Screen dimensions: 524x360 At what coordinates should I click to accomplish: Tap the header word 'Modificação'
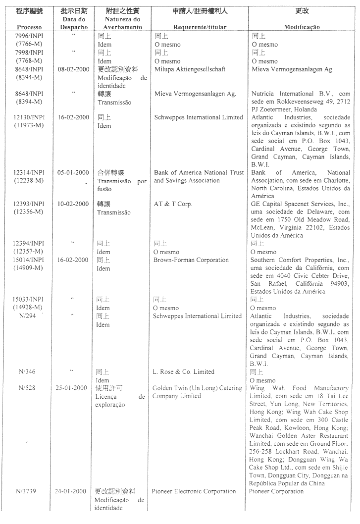(x=302, y=27)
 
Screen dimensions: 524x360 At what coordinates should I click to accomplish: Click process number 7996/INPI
(x=29, y=36)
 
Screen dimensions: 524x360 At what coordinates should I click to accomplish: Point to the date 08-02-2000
(x=74, y=69)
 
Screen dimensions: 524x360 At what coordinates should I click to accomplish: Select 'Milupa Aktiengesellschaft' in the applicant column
(x=190, y=69)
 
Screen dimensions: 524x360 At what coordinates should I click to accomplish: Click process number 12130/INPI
(x=29, y=117)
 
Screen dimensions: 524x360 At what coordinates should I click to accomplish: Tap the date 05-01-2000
(x=74, y=172)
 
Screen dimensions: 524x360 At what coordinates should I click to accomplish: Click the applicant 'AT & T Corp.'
(x=173, y=204)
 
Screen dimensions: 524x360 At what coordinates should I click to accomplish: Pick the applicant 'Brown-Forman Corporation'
(x=191, y=260)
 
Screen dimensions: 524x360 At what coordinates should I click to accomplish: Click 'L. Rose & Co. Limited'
(x=183, y=372)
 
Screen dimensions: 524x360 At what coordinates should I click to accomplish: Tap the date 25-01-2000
(x=73, y=388)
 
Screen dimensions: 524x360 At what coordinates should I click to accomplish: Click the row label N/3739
(x=28, y=491)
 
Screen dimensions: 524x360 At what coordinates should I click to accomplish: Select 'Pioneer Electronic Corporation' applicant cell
(x=194, y=491)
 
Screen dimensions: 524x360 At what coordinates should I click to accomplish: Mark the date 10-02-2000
(x=74, y=204)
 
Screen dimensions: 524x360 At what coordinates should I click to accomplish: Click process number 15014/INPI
(x=29, y=260)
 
